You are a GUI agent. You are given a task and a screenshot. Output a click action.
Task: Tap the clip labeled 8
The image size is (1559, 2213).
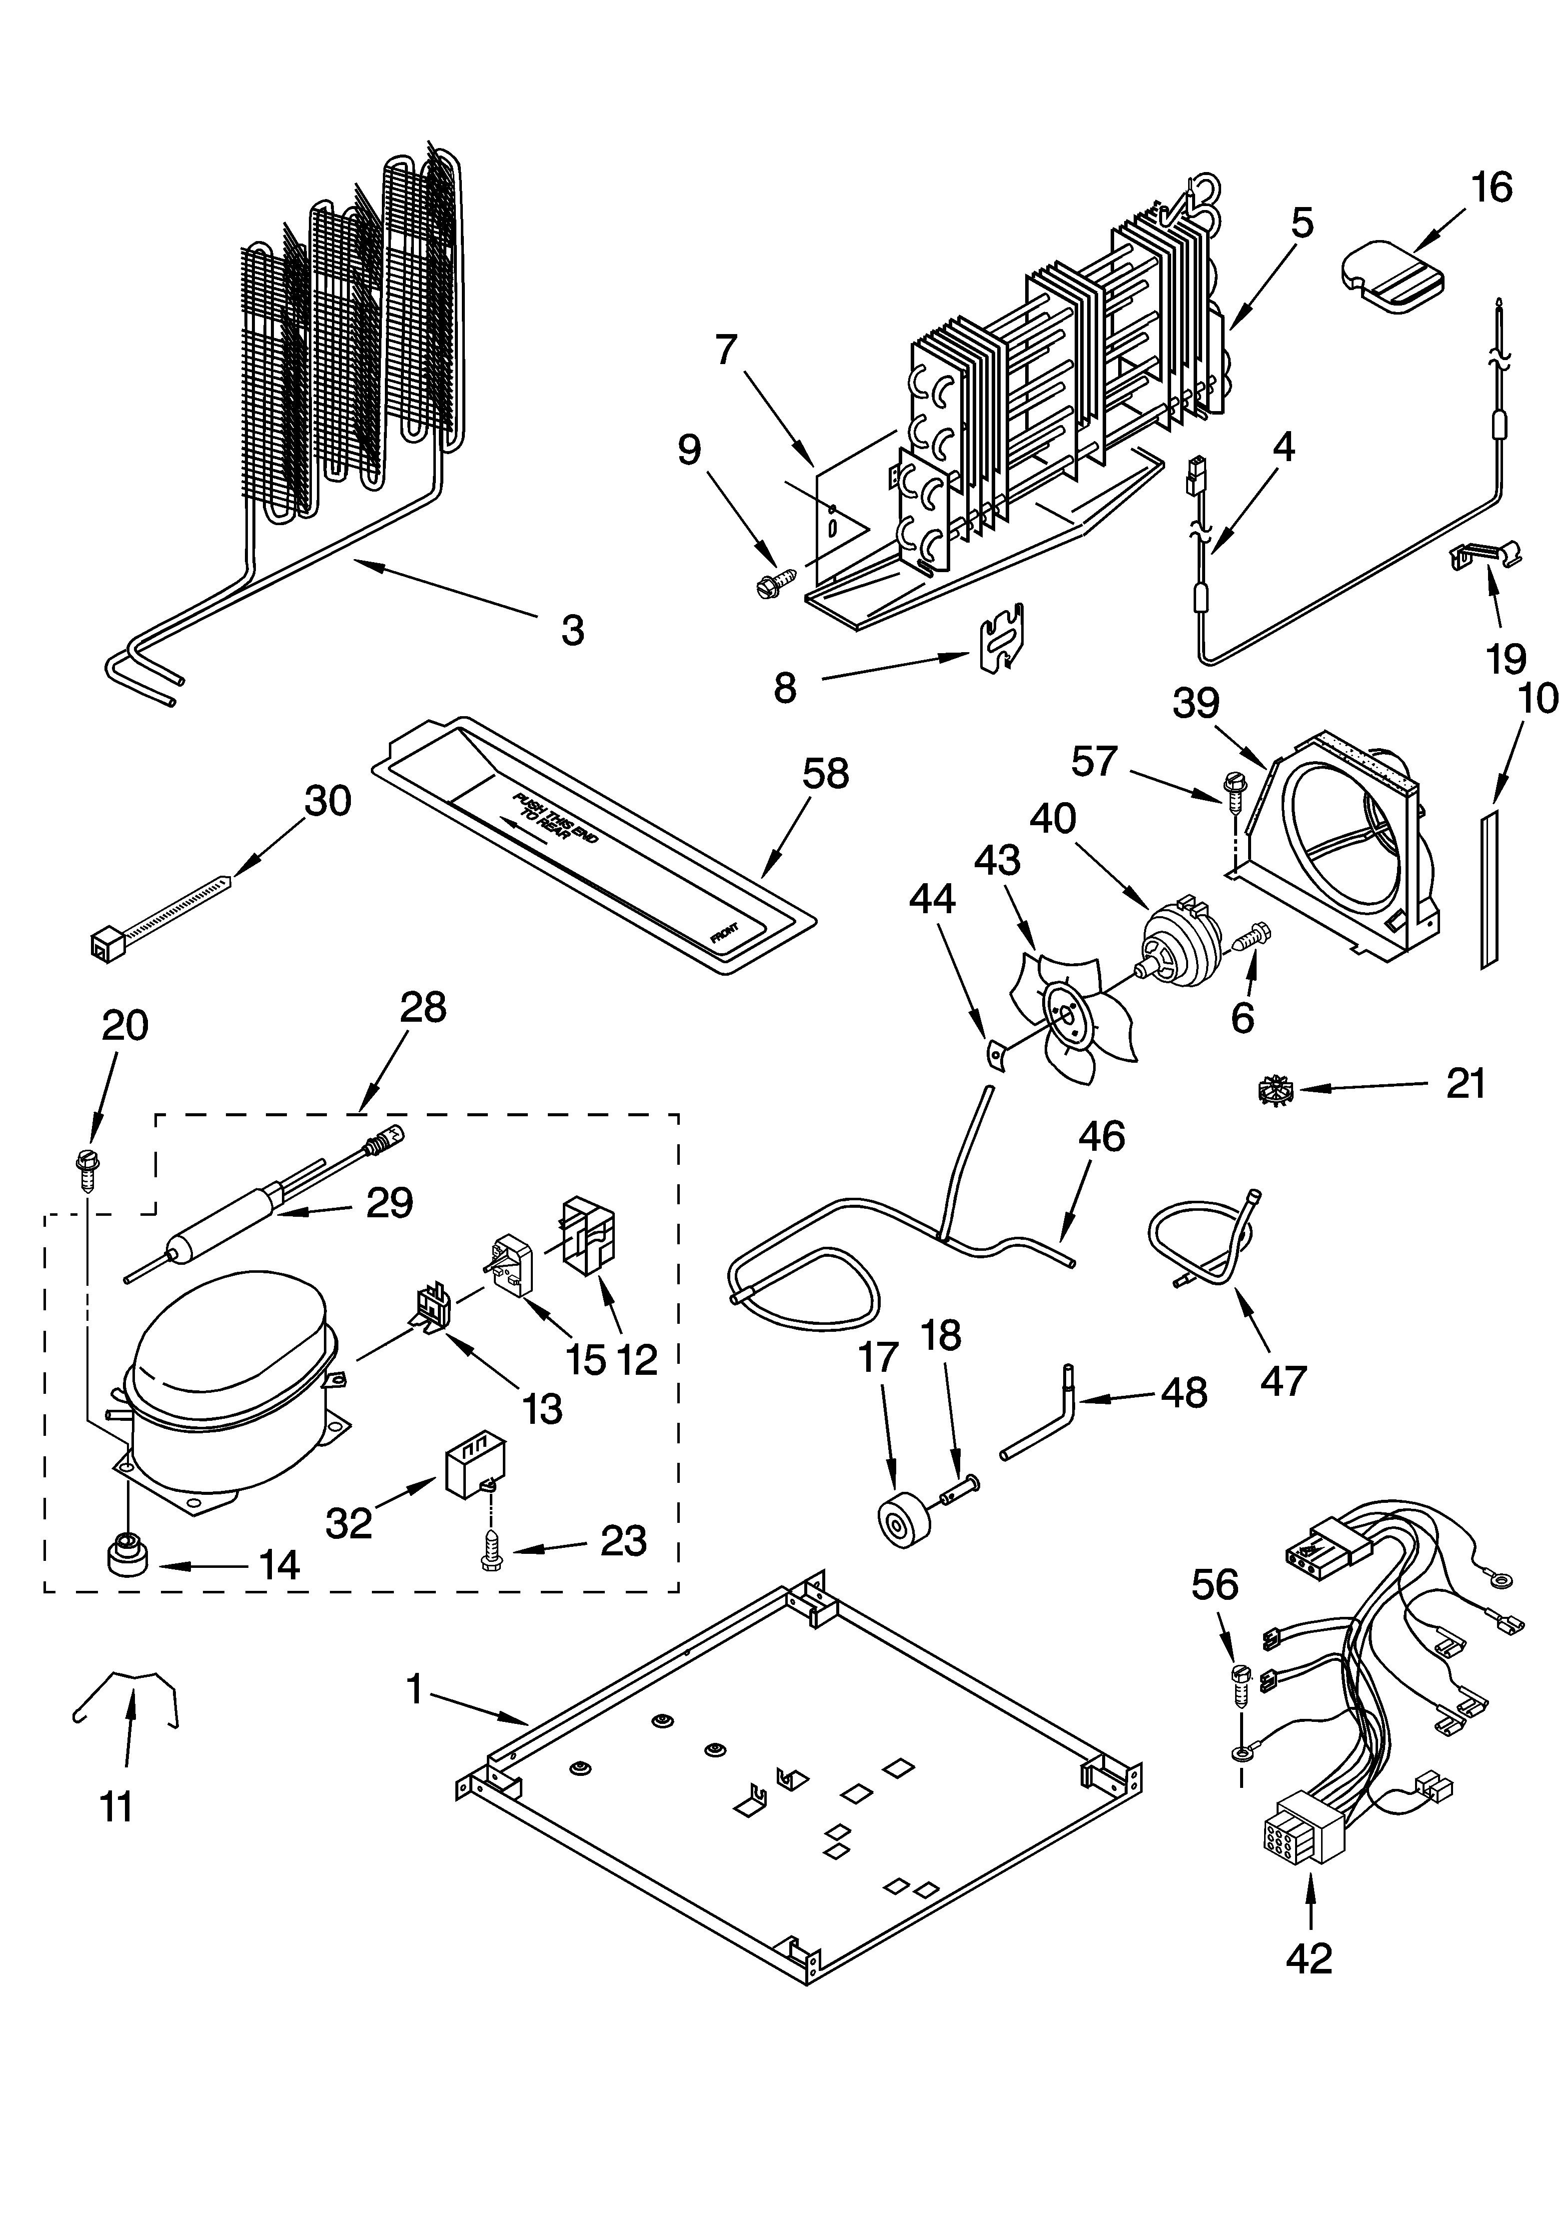click(1002, 637)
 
